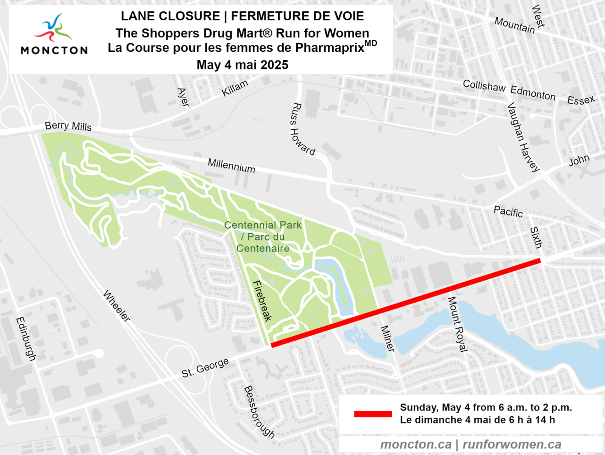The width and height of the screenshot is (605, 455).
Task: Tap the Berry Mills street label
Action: pyautogui.click(x=68, y=126)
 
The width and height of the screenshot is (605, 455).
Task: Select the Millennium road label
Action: pyautogui.click(x=231, y=165)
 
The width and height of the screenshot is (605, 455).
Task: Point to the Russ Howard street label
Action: pyautogui.click(x=302, y=129)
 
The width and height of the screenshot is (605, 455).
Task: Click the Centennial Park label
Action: pyautogui.click(x=263, y=237)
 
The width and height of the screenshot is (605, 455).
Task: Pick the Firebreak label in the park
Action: pyautogui.click(x=262, y=301)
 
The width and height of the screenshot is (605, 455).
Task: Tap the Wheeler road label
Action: pyautogui.click(x=116, y=305)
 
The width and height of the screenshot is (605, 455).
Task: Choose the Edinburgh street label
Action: pyautogui.click(x=26, y=338)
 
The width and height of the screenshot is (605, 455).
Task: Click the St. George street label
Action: pyautogui.click(x=205, y=368)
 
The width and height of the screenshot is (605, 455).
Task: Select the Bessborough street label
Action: pyautogui.click(x=259, y=411)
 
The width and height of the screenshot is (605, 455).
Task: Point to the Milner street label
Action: pyautogui.click(x=387, y=338)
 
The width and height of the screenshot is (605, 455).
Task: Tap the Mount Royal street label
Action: pyautogui.click(x=457, y=324)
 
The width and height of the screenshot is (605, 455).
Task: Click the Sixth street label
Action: pyautogui.click(x=536, y=237)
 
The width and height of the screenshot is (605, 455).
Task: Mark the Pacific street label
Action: pyautogui.click(x=508, y=211)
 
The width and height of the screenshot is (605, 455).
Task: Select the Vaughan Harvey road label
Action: pyautogui.click(x=523, y=137)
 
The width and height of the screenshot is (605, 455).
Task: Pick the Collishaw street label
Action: pyautogui.click(x=484, y=86)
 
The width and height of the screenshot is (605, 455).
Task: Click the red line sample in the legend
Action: pyautogui.click(x=373, y=414)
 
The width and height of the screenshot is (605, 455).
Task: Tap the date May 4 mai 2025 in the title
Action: pyautogui.click(x=242, y=65)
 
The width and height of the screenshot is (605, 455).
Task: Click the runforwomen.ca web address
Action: pyautogui.click(x=511, y=444)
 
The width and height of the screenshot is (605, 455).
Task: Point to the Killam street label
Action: pyautogui.click(x=235, y=88)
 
